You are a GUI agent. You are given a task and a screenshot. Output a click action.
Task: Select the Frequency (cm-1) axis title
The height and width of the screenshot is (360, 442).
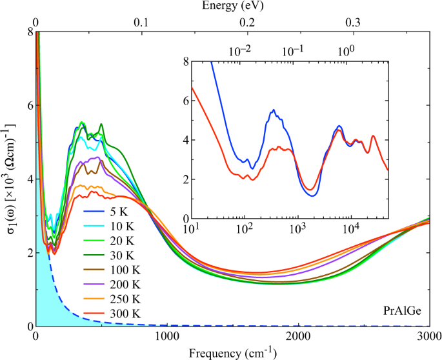pos(232,353)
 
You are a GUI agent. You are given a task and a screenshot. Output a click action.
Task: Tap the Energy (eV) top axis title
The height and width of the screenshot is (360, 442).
pos(232,6)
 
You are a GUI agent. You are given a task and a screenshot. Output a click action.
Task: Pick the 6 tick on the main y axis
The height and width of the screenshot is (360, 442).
pos(29,105)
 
